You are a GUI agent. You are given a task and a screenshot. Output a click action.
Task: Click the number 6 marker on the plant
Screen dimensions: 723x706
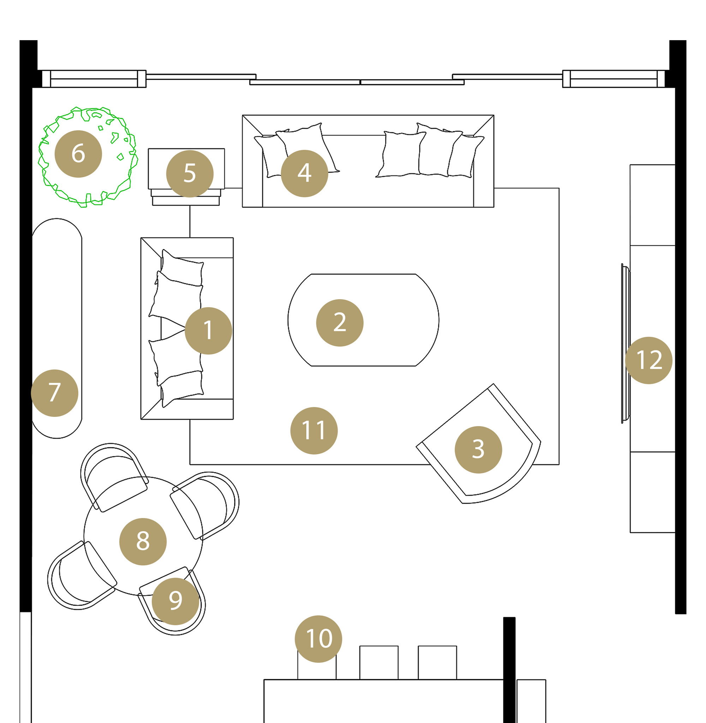[78, 154]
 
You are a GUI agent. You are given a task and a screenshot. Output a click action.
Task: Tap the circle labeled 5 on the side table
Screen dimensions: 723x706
[190, 173]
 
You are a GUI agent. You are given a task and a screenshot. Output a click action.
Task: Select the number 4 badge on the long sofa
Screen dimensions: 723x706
[304, 173]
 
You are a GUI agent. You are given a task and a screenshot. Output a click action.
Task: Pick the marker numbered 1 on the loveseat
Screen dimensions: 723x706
[208, 330]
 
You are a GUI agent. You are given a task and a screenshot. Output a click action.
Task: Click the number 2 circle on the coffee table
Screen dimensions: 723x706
[340, 323]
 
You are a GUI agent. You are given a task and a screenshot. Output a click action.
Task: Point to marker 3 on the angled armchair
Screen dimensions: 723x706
[478, 449]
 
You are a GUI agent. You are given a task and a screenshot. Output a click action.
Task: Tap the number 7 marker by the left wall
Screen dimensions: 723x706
[54, 393]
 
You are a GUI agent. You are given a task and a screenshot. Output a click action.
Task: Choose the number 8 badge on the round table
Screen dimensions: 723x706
[143, 541]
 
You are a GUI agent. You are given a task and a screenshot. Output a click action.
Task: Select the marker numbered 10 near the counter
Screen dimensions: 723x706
[318, 639]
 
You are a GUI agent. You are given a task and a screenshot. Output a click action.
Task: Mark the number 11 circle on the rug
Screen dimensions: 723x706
[314, 430]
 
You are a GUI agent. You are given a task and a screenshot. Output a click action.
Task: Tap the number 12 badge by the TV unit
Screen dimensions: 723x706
[648, 360]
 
